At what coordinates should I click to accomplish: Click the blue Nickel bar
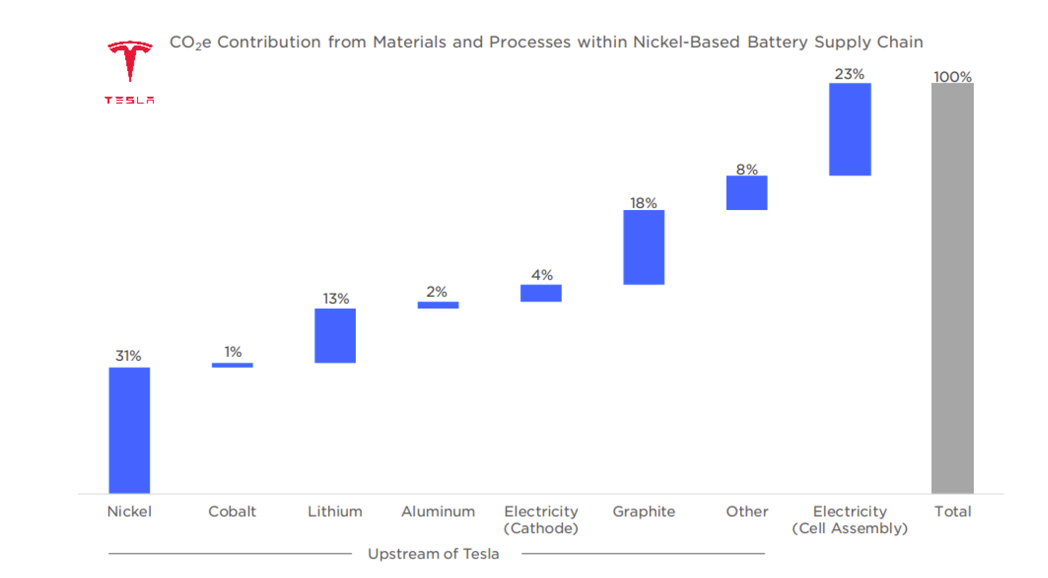point(129,430)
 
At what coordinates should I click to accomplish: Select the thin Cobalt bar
point(232,365)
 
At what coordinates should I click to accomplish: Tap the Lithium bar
point(335,336)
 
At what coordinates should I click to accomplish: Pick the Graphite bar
point(644,247)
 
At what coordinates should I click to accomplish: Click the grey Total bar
point(952,288)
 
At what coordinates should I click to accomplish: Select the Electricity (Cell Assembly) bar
point(850,129)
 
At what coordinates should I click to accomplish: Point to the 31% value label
point(128,356)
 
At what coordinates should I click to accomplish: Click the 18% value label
point(643,203)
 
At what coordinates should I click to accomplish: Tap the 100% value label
point(952,77)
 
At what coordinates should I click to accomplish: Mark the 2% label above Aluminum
point(437,292)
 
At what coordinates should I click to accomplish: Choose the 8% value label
point(746,169)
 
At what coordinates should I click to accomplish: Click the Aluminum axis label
point(438,511)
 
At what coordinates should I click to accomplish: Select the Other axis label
point(746,511)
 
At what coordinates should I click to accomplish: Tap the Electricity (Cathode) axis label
point(541,519)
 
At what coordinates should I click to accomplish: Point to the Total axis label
point(952,511)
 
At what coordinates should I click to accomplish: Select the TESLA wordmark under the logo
point(129,100)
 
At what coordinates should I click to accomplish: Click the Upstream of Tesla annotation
point(433,553)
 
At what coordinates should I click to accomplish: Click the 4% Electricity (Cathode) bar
point(541,293)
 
